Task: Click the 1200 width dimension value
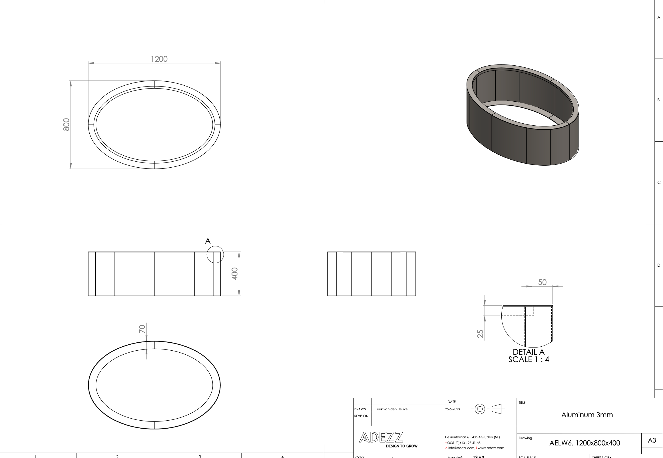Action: tap(159, 59)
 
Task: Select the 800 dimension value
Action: tap(66, 124)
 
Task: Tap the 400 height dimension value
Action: tap(235, 274)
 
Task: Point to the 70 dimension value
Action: tap(142, 329)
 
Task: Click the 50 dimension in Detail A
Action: tap(542, 282)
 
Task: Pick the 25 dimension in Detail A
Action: tap(480, 334)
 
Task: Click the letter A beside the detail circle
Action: tap(208, 241)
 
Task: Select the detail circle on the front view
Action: tap(215, 254)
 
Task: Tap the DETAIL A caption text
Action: tap(529, 352)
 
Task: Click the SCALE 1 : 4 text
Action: tap(529, 359)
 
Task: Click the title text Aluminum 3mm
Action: tap(587, 415)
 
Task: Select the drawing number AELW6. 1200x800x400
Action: tap(585, 443)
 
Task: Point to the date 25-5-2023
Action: tap(453, 409)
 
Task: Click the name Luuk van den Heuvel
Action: tap(392, 409)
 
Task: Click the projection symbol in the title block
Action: tap(488, 409)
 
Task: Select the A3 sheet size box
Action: tap(652, 441)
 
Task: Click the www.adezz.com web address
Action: tap(491, 448)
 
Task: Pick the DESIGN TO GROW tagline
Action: tap(402, 446)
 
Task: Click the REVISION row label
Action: tap(361, 416)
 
